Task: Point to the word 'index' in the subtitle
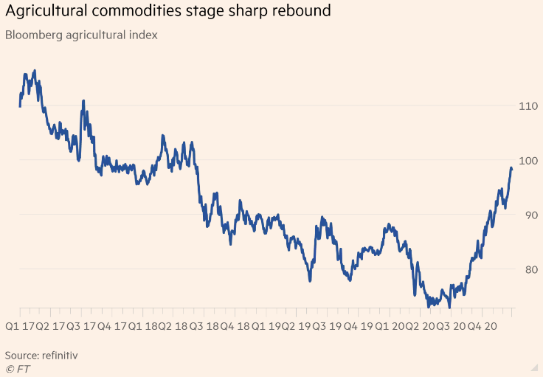click(142, 35)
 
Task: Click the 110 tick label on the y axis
click(528, 106)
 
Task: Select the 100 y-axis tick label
click(528, 161)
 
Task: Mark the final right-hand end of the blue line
click(512, 170)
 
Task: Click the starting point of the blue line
click(20, 106)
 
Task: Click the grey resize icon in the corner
click(533, 367)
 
